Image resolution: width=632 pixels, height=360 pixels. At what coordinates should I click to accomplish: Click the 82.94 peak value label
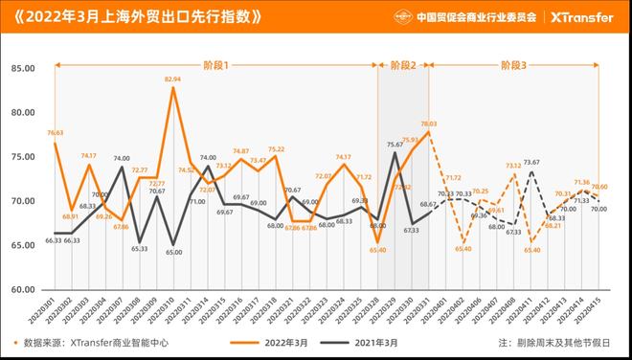pos(172,79)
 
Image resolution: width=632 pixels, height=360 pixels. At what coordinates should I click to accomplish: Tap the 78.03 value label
pos(428,124)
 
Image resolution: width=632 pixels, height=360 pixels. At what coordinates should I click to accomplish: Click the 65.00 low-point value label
pos(173,253)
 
